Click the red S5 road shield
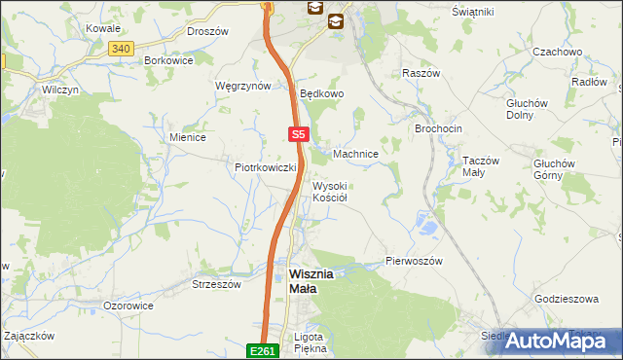298,135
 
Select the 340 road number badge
121,48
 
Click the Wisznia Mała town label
311,280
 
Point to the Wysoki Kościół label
337,191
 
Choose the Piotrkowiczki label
265,167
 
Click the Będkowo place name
322,94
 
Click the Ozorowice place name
128,306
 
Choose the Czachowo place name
558,51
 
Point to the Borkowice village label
168,59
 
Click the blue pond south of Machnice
425,227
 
